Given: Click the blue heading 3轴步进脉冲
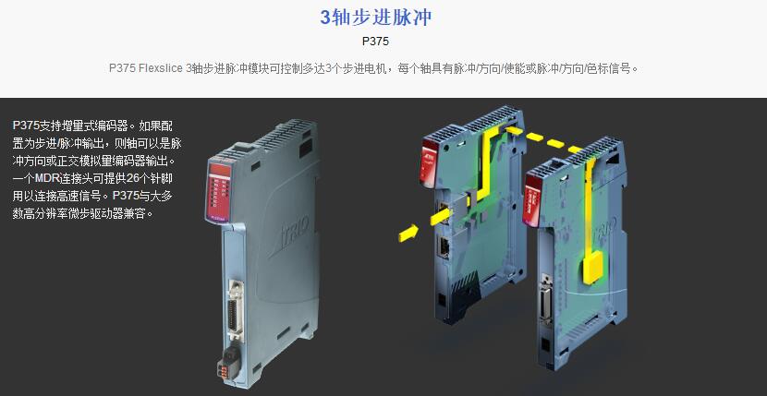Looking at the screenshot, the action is pyautogui.click(x=376, y=18).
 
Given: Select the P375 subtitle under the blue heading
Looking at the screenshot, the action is pyautogui.click(x=375, y=42).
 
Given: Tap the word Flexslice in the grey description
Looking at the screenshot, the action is pyautogui.click(x=161, y=68).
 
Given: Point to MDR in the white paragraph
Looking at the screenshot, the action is pyautogui.click(x=46, y=178).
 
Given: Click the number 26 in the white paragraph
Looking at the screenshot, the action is pyautogui.click(x=133, y=178).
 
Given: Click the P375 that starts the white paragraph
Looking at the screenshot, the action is pyautogui.click(x=26, y=126).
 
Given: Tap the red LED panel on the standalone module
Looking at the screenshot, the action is pyautogui.click(x=218, y=192).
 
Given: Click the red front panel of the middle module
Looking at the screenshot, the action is pyautogui.click(x=430, y=161).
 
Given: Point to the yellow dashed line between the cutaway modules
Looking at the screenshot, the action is pyautogui.click(x=544, y=139).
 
